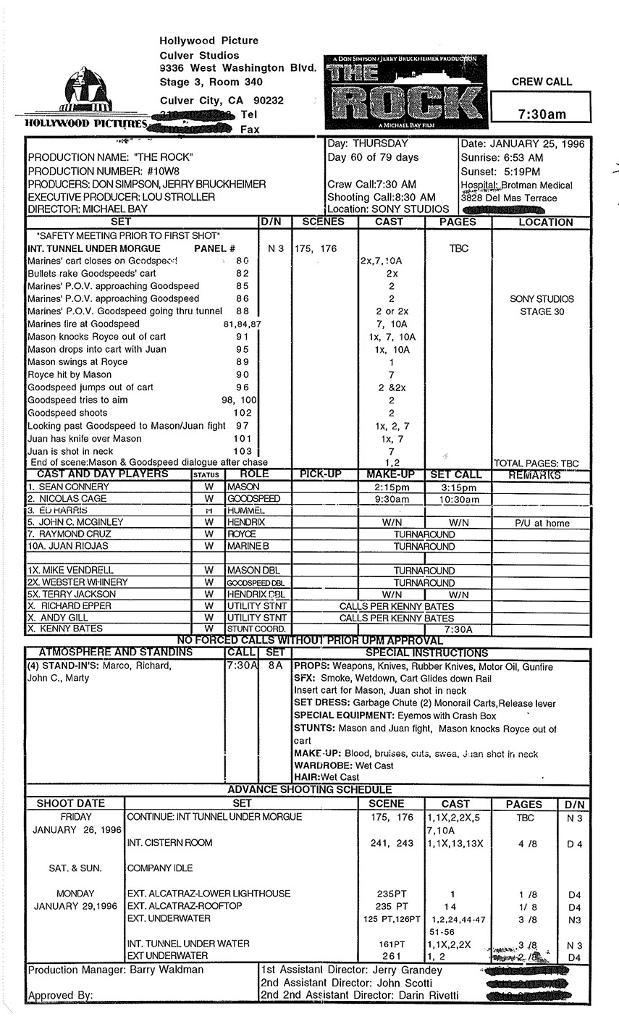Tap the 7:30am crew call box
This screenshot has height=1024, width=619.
click(542, 114)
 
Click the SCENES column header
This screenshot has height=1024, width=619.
click(323, 222)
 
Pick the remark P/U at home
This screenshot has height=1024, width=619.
click(542, 523)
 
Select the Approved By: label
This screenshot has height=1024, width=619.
click(61, 996)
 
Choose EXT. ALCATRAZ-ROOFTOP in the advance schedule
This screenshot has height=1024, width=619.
click(185, 906)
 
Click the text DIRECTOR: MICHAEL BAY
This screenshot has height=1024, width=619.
click(88, 209)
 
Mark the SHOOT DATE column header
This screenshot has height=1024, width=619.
click(71, 804)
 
